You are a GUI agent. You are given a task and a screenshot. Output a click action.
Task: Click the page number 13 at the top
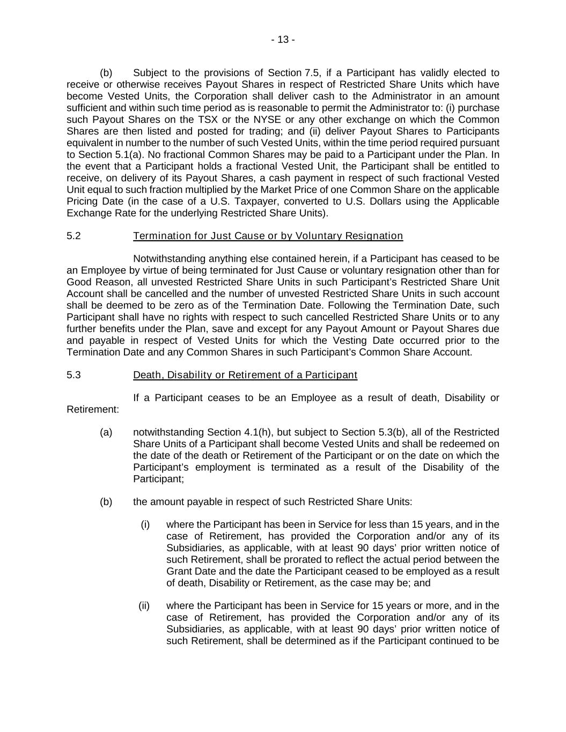pyautogui.click(x=283, y=40)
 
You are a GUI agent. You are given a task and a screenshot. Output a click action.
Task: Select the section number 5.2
pyautogui.click(x=73, y=236)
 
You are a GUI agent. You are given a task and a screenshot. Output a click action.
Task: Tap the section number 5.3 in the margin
pyautogui.click(x=73, y=375)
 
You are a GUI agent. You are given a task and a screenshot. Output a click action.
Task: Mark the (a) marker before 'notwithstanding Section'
pyautogui.click(x=106, y=432)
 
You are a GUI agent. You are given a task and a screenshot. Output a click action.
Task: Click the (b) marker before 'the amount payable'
pyautogui.click(x=106, y=502)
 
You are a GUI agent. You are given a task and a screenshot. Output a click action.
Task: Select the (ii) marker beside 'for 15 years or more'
pyautogui.click(x=144, y=606)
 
